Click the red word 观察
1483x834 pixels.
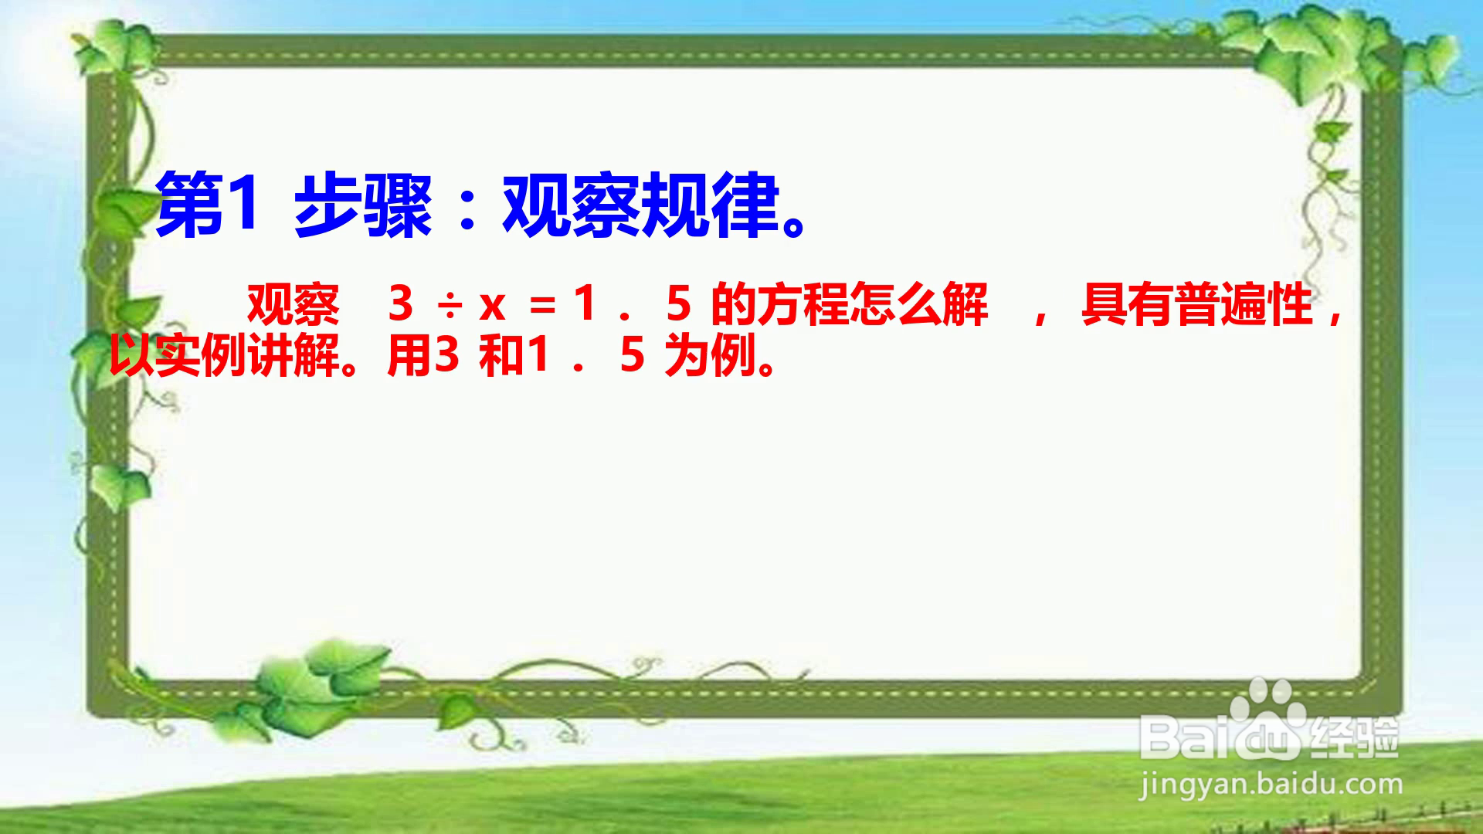[x=294, y=303]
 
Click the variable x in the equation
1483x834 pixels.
[x=492, y=307]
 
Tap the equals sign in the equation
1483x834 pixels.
[x=542, y=307]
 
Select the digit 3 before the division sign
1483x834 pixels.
[x=401, y=303]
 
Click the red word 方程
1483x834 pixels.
[x=803, y=303]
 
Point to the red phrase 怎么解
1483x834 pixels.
[x=919, y=303]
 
